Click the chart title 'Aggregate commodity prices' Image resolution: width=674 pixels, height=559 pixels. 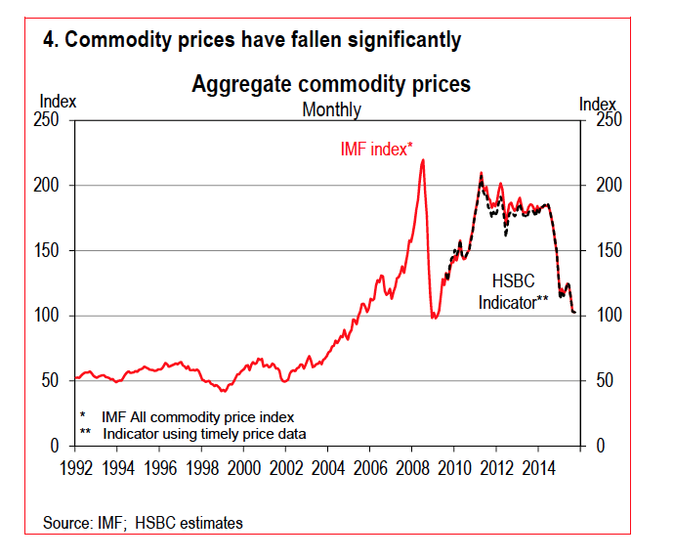point(331,84)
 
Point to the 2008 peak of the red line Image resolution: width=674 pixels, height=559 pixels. point(422,160)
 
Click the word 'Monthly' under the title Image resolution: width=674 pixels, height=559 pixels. point(331,109)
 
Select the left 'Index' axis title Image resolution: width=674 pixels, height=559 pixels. point(58,101)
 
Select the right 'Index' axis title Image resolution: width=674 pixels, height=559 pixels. point(598,104)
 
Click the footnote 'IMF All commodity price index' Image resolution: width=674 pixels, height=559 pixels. point(197,416)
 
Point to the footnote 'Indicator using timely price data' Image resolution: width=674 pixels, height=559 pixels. point(204,433)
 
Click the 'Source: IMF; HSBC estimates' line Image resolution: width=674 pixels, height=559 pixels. point(143,523)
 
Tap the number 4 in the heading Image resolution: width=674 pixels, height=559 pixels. point(49,40)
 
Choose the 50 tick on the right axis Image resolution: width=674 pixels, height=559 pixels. point(604,380)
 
